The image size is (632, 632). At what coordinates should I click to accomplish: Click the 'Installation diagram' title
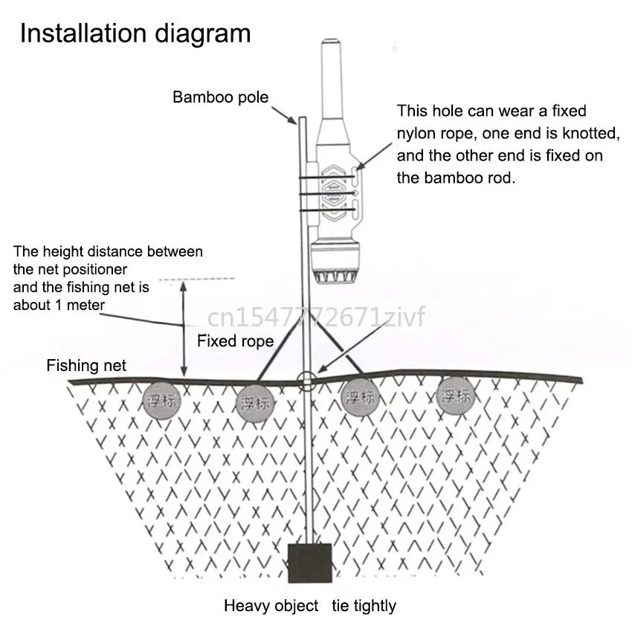[135, 34]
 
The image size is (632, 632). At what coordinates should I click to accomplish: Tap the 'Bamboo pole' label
[221, 97]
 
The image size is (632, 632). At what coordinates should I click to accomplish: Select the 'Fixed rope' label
[235, 341]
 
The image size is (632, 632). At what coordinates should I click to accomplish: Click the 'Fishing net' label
[86, 365]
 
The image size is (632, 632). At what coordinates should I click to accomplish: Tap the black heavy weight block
[309, 563]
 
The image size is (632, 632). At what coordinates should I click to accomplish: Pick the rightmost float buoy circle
[454, 395]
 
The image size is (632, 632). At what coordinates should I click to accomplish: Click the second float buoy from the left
[254, 404]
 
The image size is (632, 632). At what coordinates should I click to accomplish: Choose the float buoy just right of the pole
[360, 396]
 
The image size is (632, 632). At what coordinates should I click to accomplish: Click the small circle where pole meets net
[305, 381]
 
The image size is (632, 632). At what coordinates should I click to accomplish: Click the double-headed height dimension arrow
[184, 327]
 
